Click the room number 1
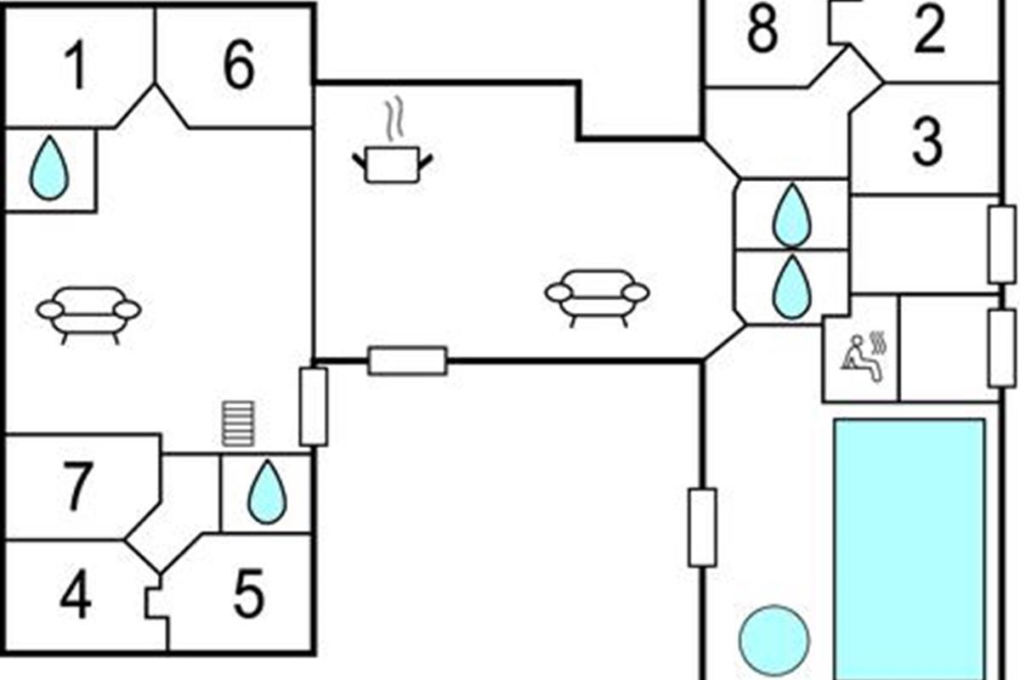pos(76,65)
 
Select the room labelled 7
pos(77,485)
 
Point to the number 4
pos(76,594)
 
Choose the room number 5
pos(248,593)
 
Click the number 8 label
pos(762,28)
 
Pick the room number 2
pos(929,28)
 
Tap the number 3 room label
pos(927,141)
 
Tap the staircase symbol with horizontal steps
pos(238,423)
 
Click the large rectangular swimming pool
pos(910,549)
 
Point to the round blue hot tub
pos(774,640)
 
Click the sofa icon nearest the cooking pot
pos(598,297)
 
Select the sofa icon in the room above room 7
pos(88,315)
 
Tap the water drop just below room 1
pos(49,167)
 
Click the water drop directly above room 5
pos(267,491)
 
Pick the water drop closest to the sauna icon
pos(792,287)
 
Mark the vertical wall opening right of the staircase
pos(314,406)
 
